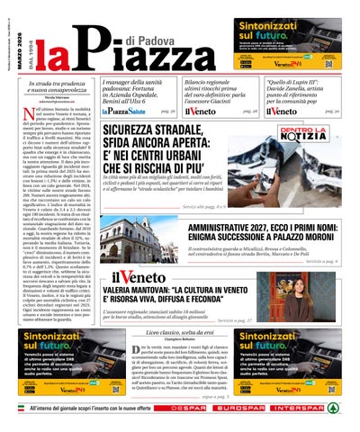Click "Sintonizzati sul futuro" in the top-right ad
pyautogui.click(x=289, y=31)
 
